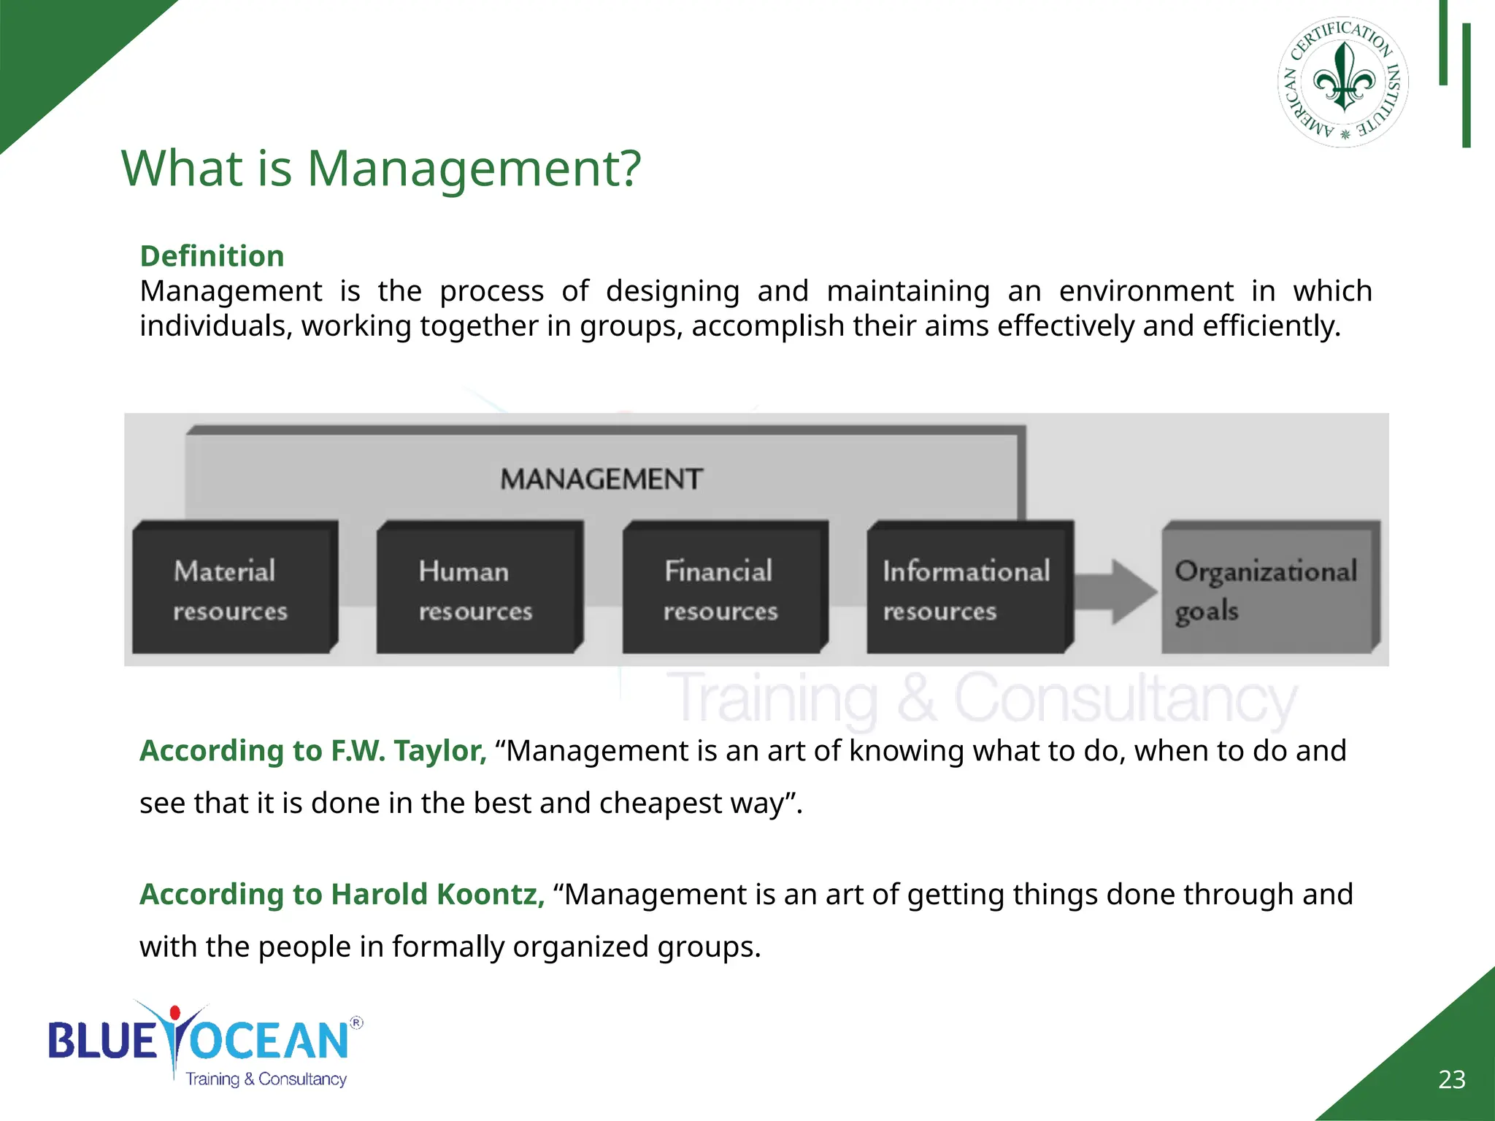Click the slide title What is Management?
pyautogui.click(x=380, y=169)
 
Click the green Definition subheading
pyautogui.click(x=212, y=256)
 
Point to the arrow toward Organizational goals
pyautogui.click(x=1116, y=591)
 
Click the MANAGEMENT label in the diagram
pyautogui.click(x=602, y=479)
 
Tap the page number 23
pyautogui.click(x=1451, y=1079)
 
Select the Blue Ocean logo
pyautogui.click(x=204, y=1044)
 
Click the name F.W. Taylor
pyautogui.click(x=409, y=751)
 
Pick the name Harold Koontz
pyautogui.click(x=437, y=895)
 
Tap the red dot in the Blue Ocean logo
pyautogui.click(x=174, y=1013)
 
